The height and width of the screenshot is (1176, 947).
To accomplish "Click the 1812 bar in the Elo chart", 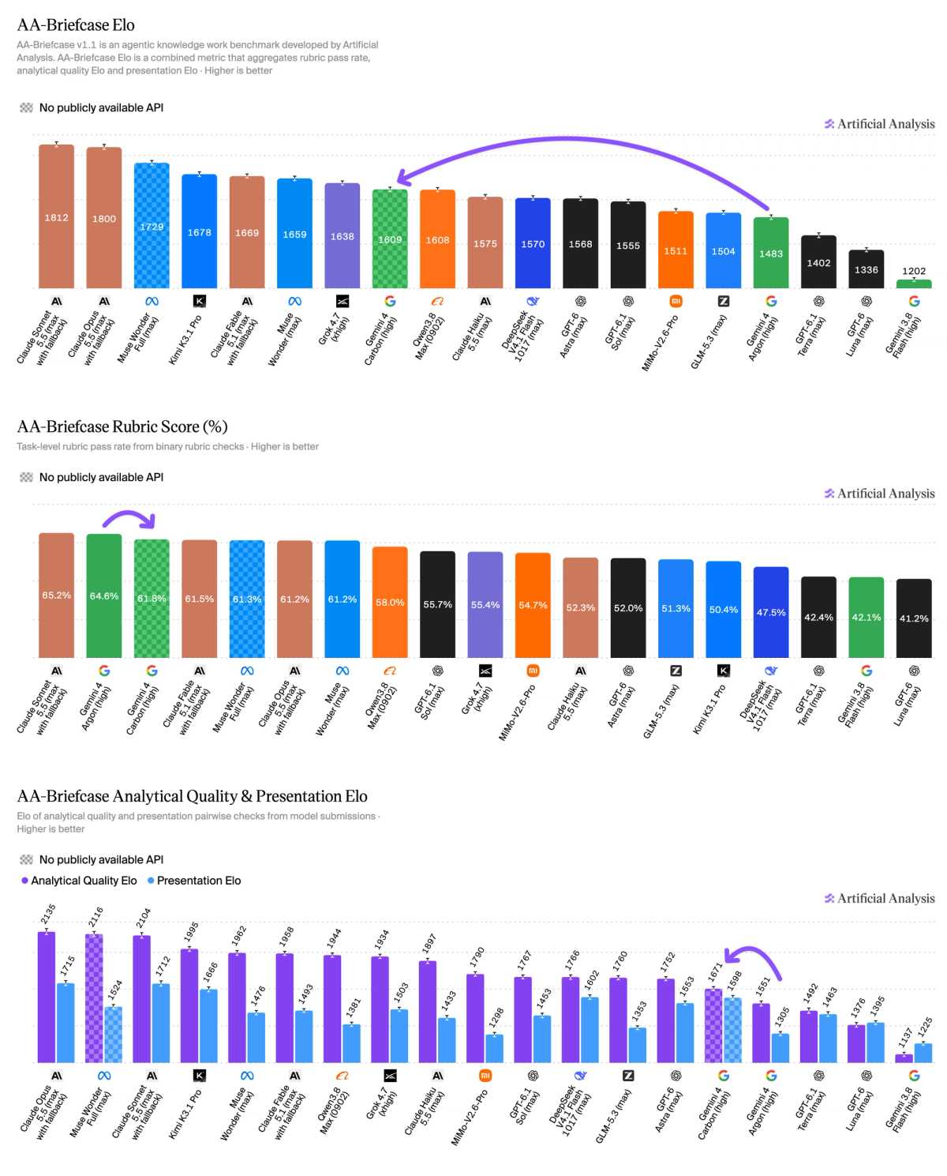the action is (x=56, y=216).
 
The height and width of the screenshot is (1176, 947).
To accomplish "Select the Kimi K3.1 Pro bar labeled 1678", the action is (x=200, y=231).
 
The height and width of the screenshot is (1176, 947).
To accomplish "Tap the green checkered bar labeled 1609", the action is (x=390, y=239).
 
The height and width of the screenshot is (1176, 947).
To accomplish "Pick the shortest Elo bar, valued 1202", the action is (x=914, y=284).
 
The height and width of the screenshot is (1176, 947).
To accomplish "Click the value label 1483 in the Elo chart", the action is (x=770, y=254).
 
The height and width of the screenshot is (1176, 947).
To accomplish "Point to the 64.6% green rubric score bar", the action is (x=103, y=596).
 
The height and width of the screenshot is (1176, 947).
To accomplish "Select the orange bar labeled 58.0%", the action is (x=390, y=602).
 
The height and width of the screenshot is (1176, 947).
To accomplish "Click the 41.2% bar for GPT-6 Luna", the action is (x=914, y=618).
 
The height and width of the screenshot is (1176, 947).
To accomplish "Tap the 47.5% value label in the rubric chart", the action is (x=770, y=613).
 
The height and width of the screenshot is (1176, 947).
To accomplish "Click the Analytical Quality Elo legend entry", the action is (x=79, y=881).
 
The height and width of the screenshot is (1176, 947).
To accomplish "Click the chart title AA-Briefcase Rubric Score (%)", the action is (x=122, y=426).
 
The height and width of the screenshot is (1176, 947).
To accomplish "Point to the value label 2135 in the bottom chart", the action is (x=49, y=914).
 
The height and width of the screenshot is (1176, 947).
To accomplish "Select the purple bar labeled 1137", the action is (x=904, y=1058).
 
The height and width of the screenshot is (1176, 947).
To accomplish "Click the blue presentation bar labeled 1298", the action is (x=494, y=1049).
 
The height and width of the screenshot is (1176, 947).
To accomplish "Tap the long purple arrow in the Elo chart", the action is (x=568, y=139).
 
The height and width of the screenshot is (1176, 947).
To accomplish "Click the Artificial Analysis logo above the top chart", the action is (x=879, y=124).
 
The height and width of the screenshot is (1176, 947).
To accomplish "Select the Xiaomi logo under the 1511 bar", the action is (x=676, y=301).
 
